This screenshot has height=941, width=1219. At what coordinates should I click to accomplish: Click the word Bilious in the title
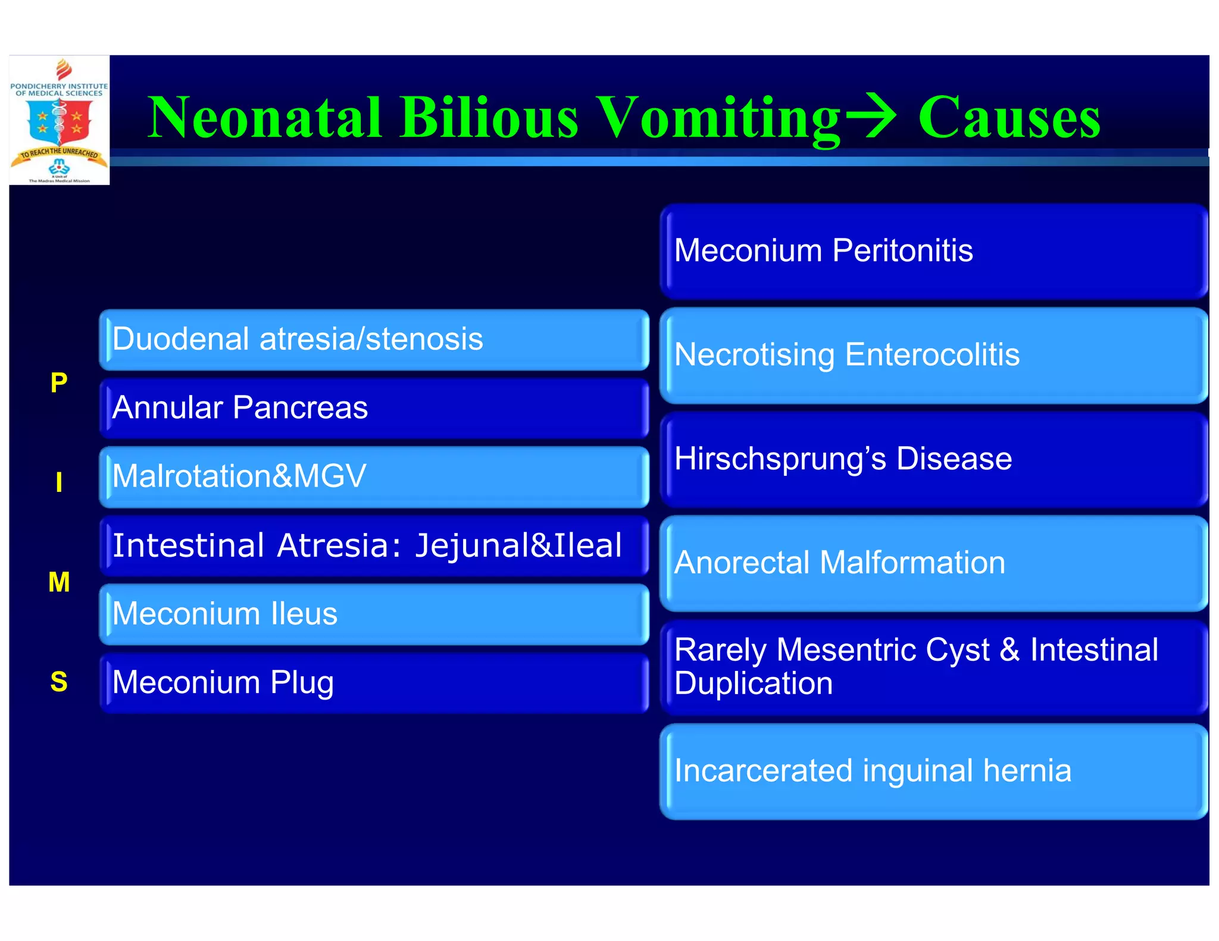click(489, 117)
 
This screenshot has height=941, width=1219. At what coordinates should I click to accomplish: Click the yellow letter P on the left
click(59, 382)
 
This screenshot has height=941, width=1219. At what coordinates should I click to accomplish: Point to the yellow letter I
click(59, 482)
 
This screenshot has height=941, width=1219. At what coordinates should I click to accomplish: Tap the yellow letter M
click(59, 582)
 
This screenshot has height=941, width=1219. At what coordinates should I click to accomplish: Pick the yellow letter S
click(59, 682)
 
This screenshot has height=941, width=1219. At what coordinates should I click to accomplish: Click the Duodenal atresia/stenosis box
click(374, 340)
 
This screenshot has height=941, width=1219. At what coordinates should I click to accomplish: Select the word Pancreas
click(300, 408)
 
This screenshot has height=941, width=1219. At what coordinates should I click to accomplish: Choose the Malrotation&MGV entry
click(374, 476)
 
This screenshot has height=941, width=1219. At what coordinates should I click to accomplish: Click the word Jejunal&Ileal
click(518, 545)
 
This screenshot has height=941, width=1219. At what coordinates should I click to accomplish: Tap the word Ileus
click(304, 614)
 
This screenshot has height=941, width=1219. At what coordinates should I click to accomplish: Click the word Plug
click(302, 683)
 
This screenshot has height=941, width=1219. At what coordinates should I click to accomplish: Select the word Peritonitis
click(902, 250)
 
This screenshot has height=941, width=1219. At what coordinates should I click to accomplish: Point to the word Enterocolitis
click(932, 355)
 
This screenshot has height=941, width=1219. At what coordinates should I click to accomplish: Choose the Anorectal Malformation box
click(933, 563)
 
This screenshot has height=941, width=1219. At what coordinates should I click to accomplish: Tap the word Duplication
click(754, 683)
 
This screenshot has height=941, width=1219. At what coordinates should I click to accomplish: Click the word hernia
click(1027, 771)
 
